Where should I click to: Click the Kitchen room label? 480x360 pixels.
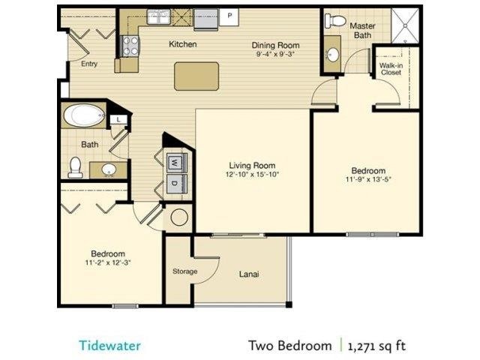(182, 44)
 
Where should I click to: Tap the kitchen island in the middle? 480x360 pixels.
(196, 76)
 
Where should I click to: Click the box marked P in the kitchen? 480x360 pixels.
(229, 15)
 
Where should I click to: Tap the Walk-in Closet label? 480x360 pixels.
(390, 69)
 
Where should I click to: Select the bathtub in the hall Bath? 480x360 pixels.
(84, 116)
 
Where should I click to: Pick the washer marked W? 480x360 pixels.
(174, 161)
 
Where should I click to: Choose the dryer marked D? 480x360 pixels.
(174, 183)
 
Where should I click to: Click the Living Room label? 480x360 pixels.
(252, 166)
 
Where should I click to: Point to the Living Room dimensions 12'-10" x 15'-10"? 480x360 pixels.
(252, 175)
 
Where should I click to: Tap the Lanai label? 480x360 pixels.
(249, 274)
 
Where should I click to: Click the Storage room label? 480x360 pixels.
(184, 271)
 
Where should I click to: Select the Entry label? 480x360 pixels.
(89, 64)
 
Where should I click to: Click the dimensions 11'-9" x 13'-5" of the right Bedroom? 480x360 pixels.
(369, 180)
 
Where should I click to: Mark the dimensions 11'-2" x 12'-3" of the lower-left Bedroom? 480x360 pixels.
(108, 263)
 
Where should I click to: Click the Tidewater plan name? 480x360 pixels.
(109, 346)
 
